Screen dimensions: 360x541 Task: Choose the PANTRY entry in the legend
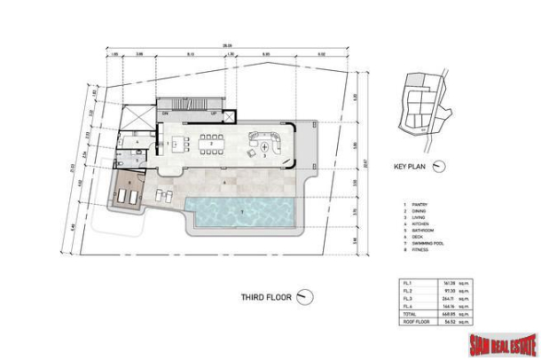417,203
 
